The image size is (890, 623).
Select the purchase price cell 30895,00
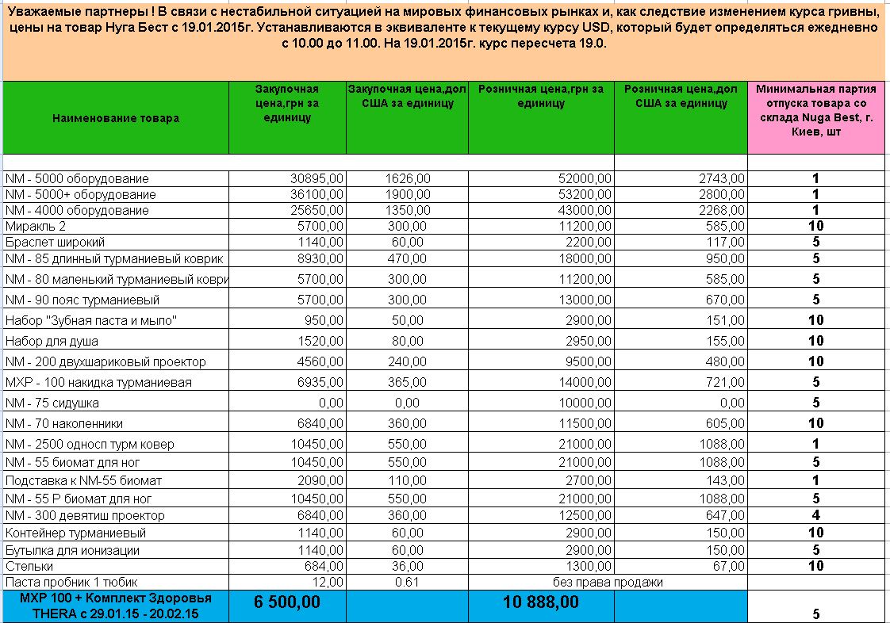coord(317,179)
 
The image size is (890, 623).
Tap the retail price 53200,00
coord(586,195)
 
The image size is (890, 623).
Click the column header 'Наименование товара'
coord(116,118)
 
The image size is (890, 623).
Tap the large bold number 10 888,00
coord(541,602)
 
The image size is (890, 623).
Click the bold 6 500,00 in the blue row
coord(287,602)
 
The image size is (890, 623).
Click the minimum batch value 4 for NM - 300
coord(815,516)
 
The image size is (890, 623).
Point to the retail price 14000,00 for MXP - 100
coord(586,383)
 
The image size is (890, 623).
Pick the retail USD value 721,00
coord(723,383)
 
